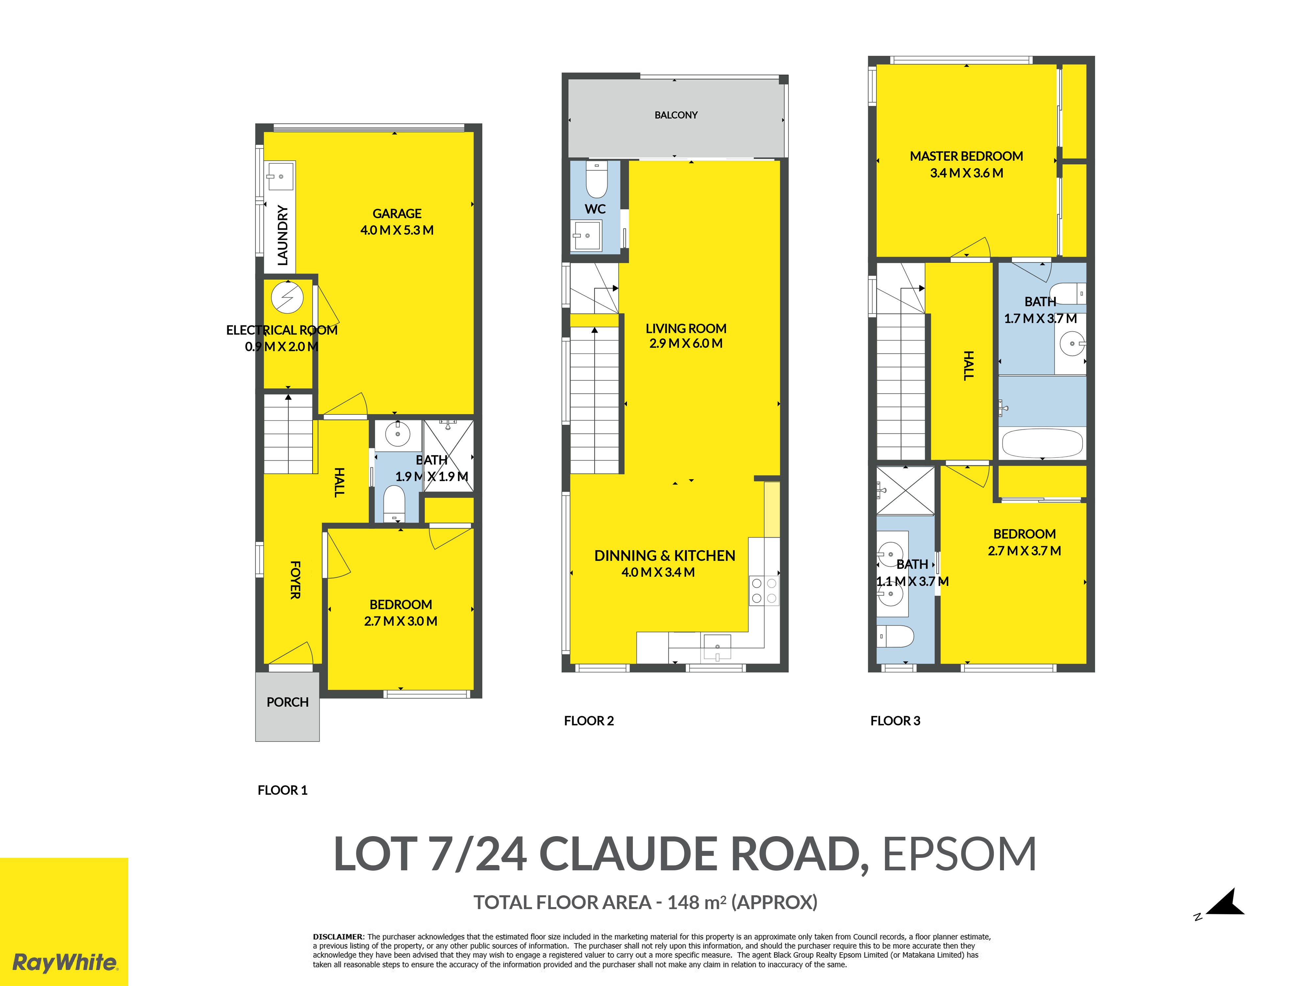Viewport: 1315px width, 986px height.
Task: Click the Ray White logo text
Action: tap(65, 962)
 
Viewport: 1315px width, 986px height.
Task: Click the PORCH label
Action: tap(288, 702)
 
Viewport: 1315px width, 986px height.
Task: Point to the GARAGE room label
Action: tap(397, 213)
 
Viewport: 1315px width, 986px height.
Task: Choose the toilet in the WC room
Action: tap(596, 179)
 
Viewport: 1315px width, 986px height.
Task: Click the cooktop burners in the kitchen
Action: tap(764, 591)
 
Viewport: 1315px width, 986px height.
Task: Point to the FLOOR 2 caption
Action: tap(588, 721)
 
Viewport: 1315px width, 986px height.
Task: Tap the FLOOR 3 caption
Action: tap(895, 721)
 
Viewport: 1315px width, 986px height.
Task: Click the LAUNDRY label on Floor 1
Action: tap(283, 235)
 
